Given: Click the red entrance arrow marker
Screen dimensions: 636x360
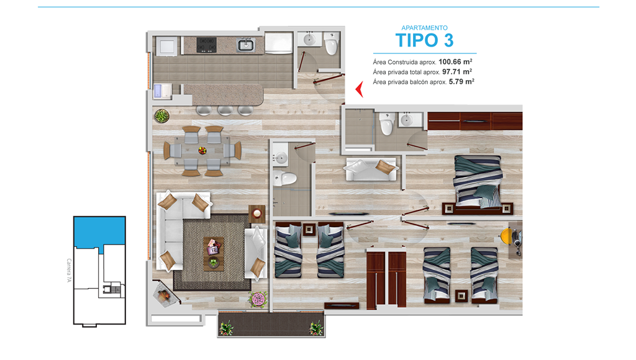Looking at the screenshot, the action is point(360,89).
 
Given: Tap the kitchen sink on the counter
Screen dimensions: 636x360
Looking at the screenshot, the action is point(245,45).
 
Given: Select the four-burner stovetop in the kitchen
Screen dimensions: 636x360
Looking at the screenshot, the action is point(206,45).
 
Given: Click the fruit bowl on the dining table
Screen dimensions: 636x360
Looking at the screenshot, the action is point(202,151).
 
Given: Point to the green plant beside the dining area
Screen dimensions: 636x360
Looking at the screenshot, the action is point(162,116).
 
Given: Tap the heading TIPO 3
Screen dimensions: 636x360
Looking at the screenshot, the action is point(424,40).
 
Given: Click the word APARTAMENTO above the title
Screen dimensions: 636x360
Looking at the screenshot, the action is point(424,27).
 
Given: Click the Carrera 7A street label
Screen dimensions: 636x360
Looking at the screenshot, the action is point(69,271).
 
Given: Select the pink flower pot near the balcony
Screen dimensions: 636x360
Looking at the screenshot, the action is point(258,300).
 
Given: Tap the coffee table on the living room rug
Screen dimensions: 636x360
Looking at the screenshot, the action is point(214,254).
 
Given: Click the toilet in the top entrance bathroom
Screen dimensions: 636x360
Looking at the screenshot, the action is point(332,44).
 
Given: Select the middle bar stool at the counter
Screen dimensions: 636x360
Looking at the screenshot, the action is point(225,110).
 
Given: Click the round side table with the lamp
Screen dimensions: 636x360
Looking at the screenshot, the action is point(257,214).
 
